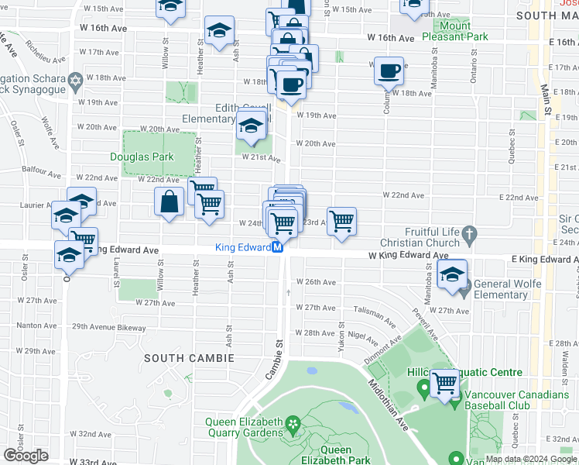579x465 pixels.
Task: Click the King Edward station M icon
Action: (x=276, y=248)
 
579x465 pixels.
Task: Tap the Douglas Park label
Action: (x=141, y=157)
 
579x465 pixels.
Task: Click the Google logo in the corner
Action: (x=26, y=456)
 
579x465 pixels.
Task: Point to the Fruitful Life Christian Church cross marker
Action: (x=469, y=232)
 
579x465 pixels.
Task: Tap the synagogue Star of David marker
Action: (x=75, y=81)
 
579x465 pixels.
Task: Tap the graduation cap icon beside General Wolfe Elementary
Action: (x=452, y=274)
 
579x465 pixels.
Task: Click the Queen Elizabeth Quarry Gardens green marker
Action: (x=292, y=423)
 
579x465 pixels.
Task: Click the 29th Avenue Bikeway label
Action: (x=107, y=328)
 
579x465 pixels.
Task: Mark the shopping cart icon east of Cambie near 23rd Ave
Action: (x=341, y=222)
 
